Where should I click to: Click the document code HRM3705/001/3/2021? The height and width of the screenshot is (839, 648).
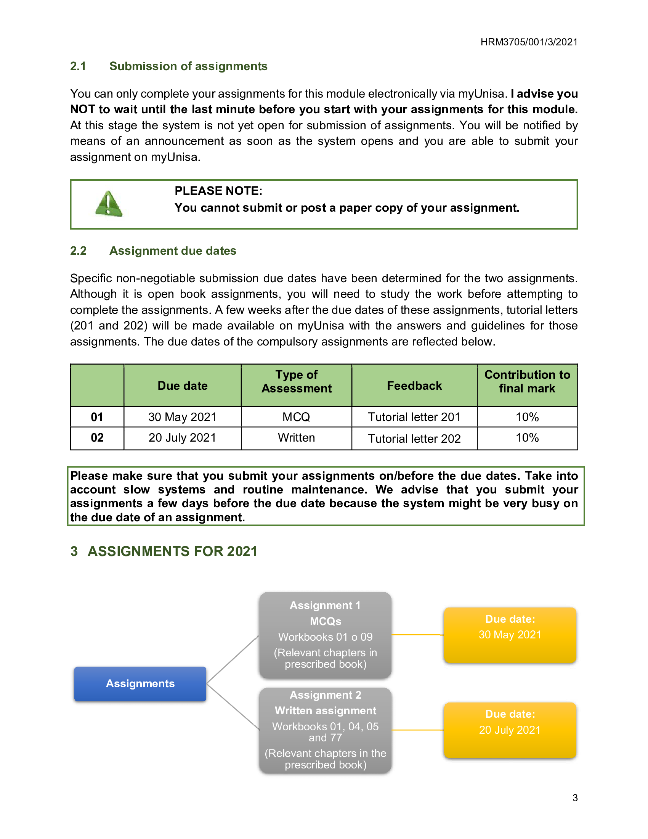[529, 42]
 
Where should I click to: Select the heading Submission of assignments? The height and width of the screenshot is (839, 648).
[188, 66]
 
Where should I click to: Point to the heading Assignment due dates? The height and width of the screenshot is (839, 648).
[172, 251]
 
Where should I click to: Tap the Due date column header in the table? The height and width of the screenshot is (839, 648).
[182, 385]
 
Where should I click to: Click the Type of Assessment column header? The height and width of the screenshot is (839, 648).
[296, 381]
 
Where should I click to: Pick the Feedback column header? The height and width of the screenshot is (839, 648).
[414, 385]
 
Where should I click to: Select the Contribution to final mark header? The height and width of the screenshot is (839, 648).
[527, 381]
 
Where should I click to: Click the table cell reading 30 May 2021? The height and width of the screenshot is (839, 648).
[182, 417]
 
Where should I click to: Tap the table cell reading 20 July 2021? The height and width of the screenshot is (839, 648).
[182, 437]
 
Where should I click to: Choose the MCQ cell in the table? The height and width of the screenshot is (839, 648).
[296, 417]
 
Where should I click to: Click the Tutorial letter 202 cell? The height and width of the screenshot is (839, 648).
[414, 438]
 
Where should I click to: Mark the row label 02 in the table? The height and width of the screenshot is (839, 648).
[97, 437]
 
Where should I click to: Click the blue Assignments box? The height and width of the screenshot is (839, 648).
[140, 683]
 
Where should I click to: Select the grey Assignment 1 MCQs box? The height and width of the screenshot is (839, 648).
[325, 635]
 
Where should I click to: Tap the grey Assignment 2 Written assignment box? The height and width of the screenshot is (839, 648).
[325, 730]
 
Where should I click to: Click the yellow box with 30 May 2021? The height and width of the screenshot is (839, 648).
[510, 635]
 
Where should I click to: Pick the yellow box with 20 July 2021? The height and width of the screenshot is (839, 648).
[510, 730]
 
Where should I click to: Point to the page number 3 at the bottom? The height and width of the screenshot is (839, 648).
[575, 797]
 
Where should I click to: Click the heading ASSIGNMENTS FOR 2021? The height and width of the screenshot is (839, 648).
[172, 551]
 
